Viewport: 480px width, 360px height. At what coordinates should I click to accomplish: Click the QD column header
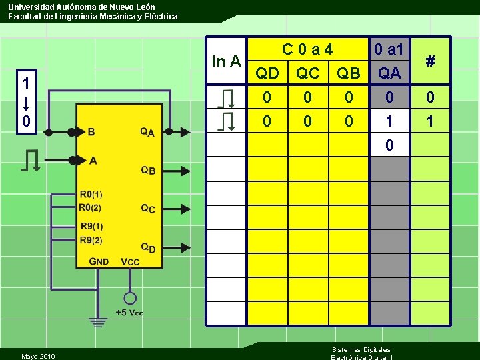(x=268, y=73)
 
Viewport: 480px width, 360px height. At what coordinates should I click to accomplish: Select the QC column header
(x=308, y=73)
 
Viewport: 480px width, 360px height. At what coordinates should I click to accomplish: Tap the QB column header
(x=349, y=73)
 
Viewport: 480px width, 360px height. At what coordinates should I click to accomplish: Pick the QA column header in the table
(x=389, y=73)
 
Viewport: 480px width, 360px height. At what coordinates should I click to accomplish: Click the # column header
(x=431, y=61)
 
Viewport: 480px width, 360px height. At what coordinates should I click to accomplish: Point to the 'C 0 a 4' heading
(x=307, y=49)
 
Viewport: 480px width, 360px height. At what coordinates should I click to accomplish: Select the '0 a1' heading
(x=389, y=49)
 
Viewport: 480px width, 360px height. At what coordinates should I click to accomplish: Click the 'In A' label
(x=226, y=61)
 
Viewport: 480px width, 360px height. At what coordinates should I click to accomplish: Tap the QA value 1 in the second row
(x=389, y=121)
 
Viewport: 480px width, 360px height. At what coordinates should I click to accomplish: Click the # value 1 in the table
(x=431, y=121)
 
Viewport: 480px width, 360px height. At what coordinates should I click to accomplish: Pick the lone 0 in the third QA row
(x=389, y=145)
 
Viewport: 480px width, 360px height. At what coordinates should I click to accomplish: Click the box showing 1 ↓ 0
(x=25, y=103)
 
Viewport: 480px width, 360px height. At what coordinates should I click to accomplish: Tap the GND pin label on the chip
(x=99, y=261)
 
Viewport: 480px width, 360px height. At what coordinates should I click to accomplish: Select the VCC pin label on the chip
(x=130, y=261)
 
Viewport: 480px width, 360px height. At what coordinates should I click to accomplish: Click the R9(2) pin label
(x=91, y=240)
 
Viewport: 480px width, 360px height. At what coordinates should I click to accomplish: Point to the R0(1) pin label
(x=91, y=195)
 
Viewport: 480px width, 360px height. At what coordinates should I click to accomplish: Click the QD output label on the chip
(x=148, y=247)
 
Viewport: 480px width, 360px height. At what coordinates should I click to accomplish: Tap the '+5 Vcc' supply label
(x=129, y=313)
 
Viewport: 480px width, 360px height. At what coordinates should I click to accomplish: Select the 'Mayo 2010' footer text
(x=38, y=356)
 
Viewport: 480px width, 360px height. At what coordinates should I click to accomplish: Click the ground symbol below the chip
(x=99, y=321)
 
